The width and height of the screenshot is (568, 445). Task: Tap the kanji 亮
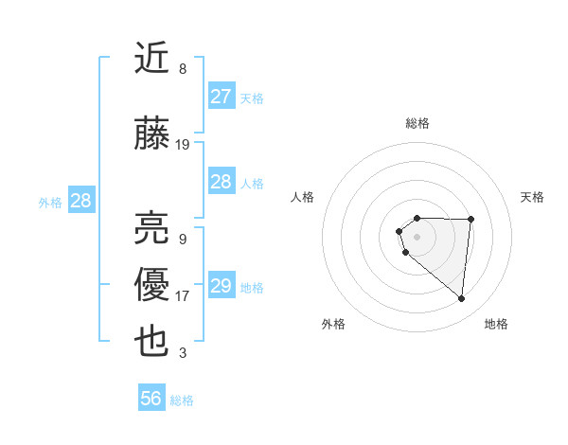[x=152, y=228]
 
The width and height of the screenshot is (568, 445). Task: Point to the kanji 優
[x=152, y=285]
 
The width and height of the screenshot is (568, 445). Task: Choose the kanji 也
[x=152, y=342]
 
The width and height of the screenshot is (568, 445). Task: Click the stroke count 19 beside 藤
[x=183, y=145]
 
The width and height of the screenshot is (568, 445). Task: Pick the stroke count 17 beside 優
[x=183, y=296]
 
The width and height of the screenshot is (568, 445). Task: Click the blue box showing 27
[x=222, y=97]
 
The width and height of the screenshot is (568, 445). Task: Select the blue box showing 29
[x=222, y=286]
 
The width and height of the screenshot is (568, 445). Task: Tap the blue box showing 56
[x=151, y=399]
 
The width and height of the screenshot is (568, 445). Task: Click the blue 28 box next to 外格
[x=80, y=201]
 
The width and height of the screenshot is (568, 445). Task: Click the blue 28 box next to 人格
[x=222, y=182]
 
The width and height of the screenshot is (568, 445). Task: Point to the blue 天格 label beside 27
[x=252, y=98]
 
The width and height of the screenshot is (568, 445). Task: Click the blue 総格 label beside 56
[x=182, y=400]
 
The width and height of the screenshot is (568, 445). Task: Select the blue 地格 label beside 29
[x=252, y=288]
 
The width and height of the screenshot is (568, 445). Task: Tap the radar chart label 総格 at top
[x=417, y=123]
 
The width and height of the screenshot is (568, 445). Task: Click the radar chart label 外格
[x=333, y=324]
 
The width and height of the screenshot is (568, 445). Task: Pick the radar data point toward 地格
[x=462, y=299]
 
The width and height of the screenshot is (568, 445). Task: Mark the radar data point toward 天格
[x=470, y=220]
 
